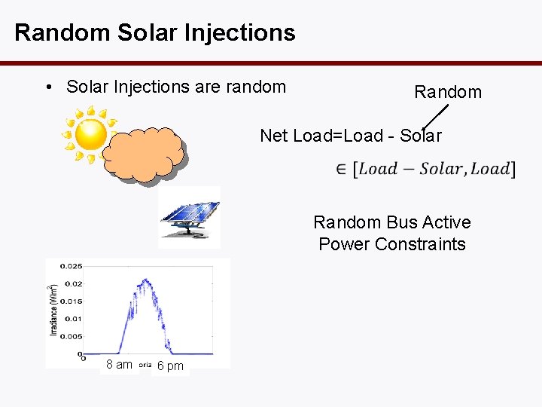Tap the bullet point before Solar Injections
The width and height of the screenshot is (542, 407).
tap(47, 87)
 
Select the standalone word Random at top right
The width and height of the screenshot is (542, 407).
tap(448, 92)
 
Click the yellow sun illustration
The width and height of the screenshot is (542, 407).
tap(90, 134)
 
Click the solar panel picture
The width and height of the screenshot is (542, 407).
tap(190, 217)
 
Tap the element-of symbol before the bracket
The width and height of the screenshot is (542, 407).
tap(341, 169)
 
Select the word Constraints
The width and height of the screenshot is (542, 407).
tap(428, 244)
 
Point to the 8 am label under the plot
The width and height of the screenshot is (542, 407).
tap(119, 365)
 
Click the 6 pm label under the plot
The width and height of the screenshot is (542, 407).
tap(170, 366)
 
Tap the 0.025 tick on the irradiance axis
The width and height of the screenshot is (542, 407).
tap(72, 266)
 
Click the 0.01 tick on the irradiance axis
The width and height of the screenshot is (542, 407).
tap(74, 319)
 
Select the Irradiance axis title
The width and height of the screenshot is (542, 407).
tap(53, 310)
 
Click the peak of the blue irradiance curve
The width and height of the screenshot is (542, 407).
tap(145, 281)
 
